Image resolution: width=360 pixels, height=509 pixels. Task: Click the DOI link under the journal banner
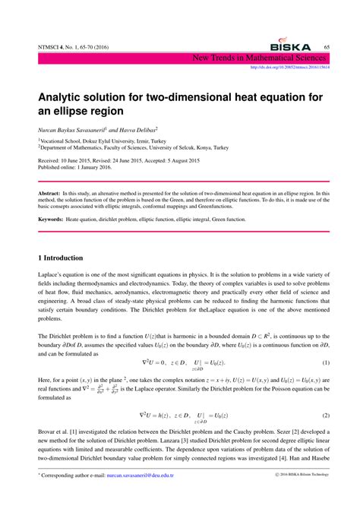tap(289, 65)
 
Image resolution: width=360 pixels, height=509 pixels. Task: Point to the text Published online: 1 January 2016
tap(78, 169)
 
